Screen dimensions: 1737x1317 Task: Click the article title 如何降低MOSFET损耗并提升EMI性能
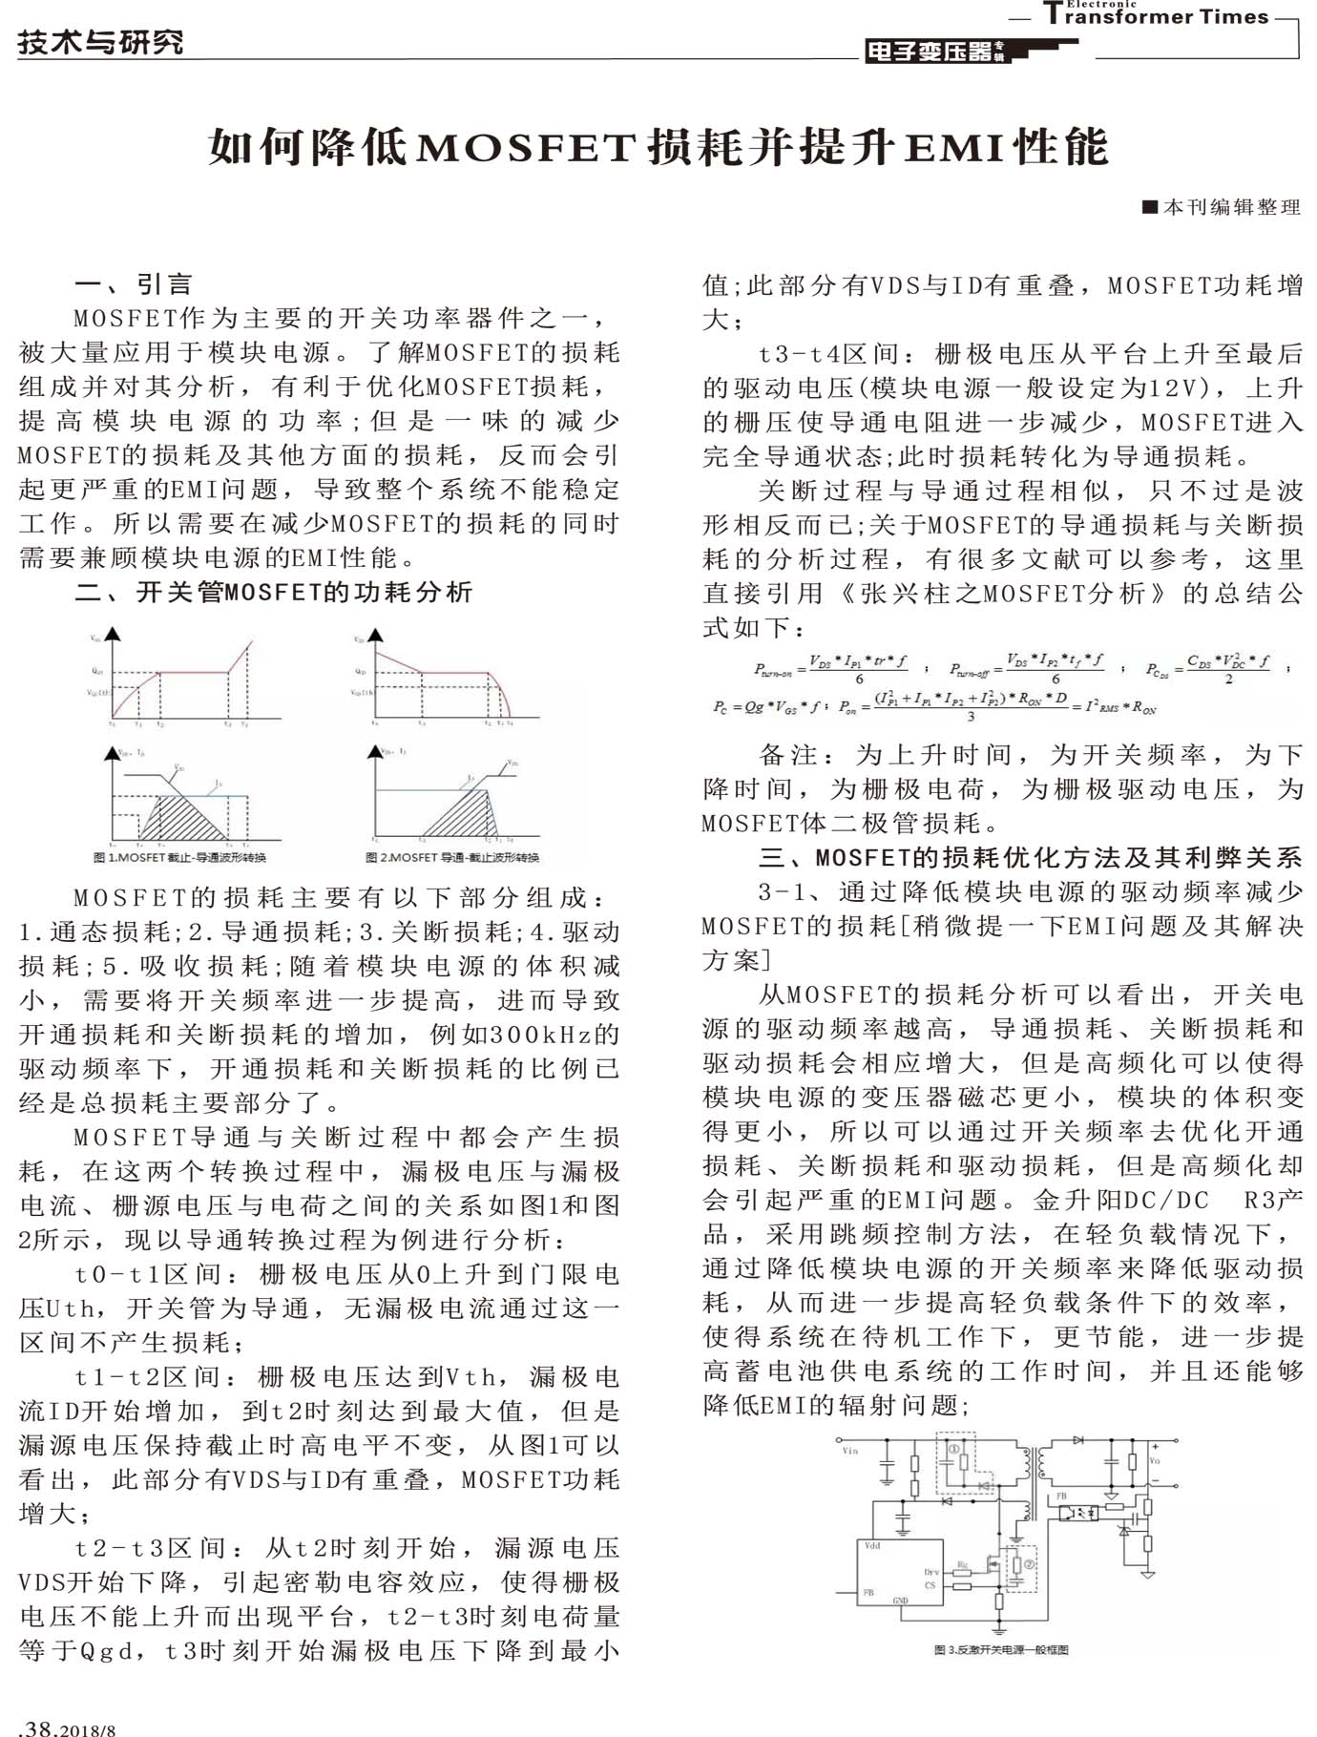[658, 148]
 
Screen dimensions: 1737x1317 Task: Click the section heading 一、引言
[134, 283]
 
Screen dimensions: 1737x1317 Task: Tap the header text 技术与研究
[99, 42]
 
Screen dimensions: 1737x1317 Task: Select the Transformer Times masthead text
[1156, 15]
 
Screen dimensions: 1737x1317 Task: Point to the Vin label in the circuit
[849, 1451]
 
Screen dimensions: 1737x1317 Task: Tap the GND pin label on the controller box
[900, 1600]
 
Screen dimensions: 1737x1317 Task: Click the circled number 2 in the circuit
[1029, 1564]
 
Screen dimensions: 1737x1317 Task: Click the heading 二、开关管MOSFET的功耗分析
[273, 592]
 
